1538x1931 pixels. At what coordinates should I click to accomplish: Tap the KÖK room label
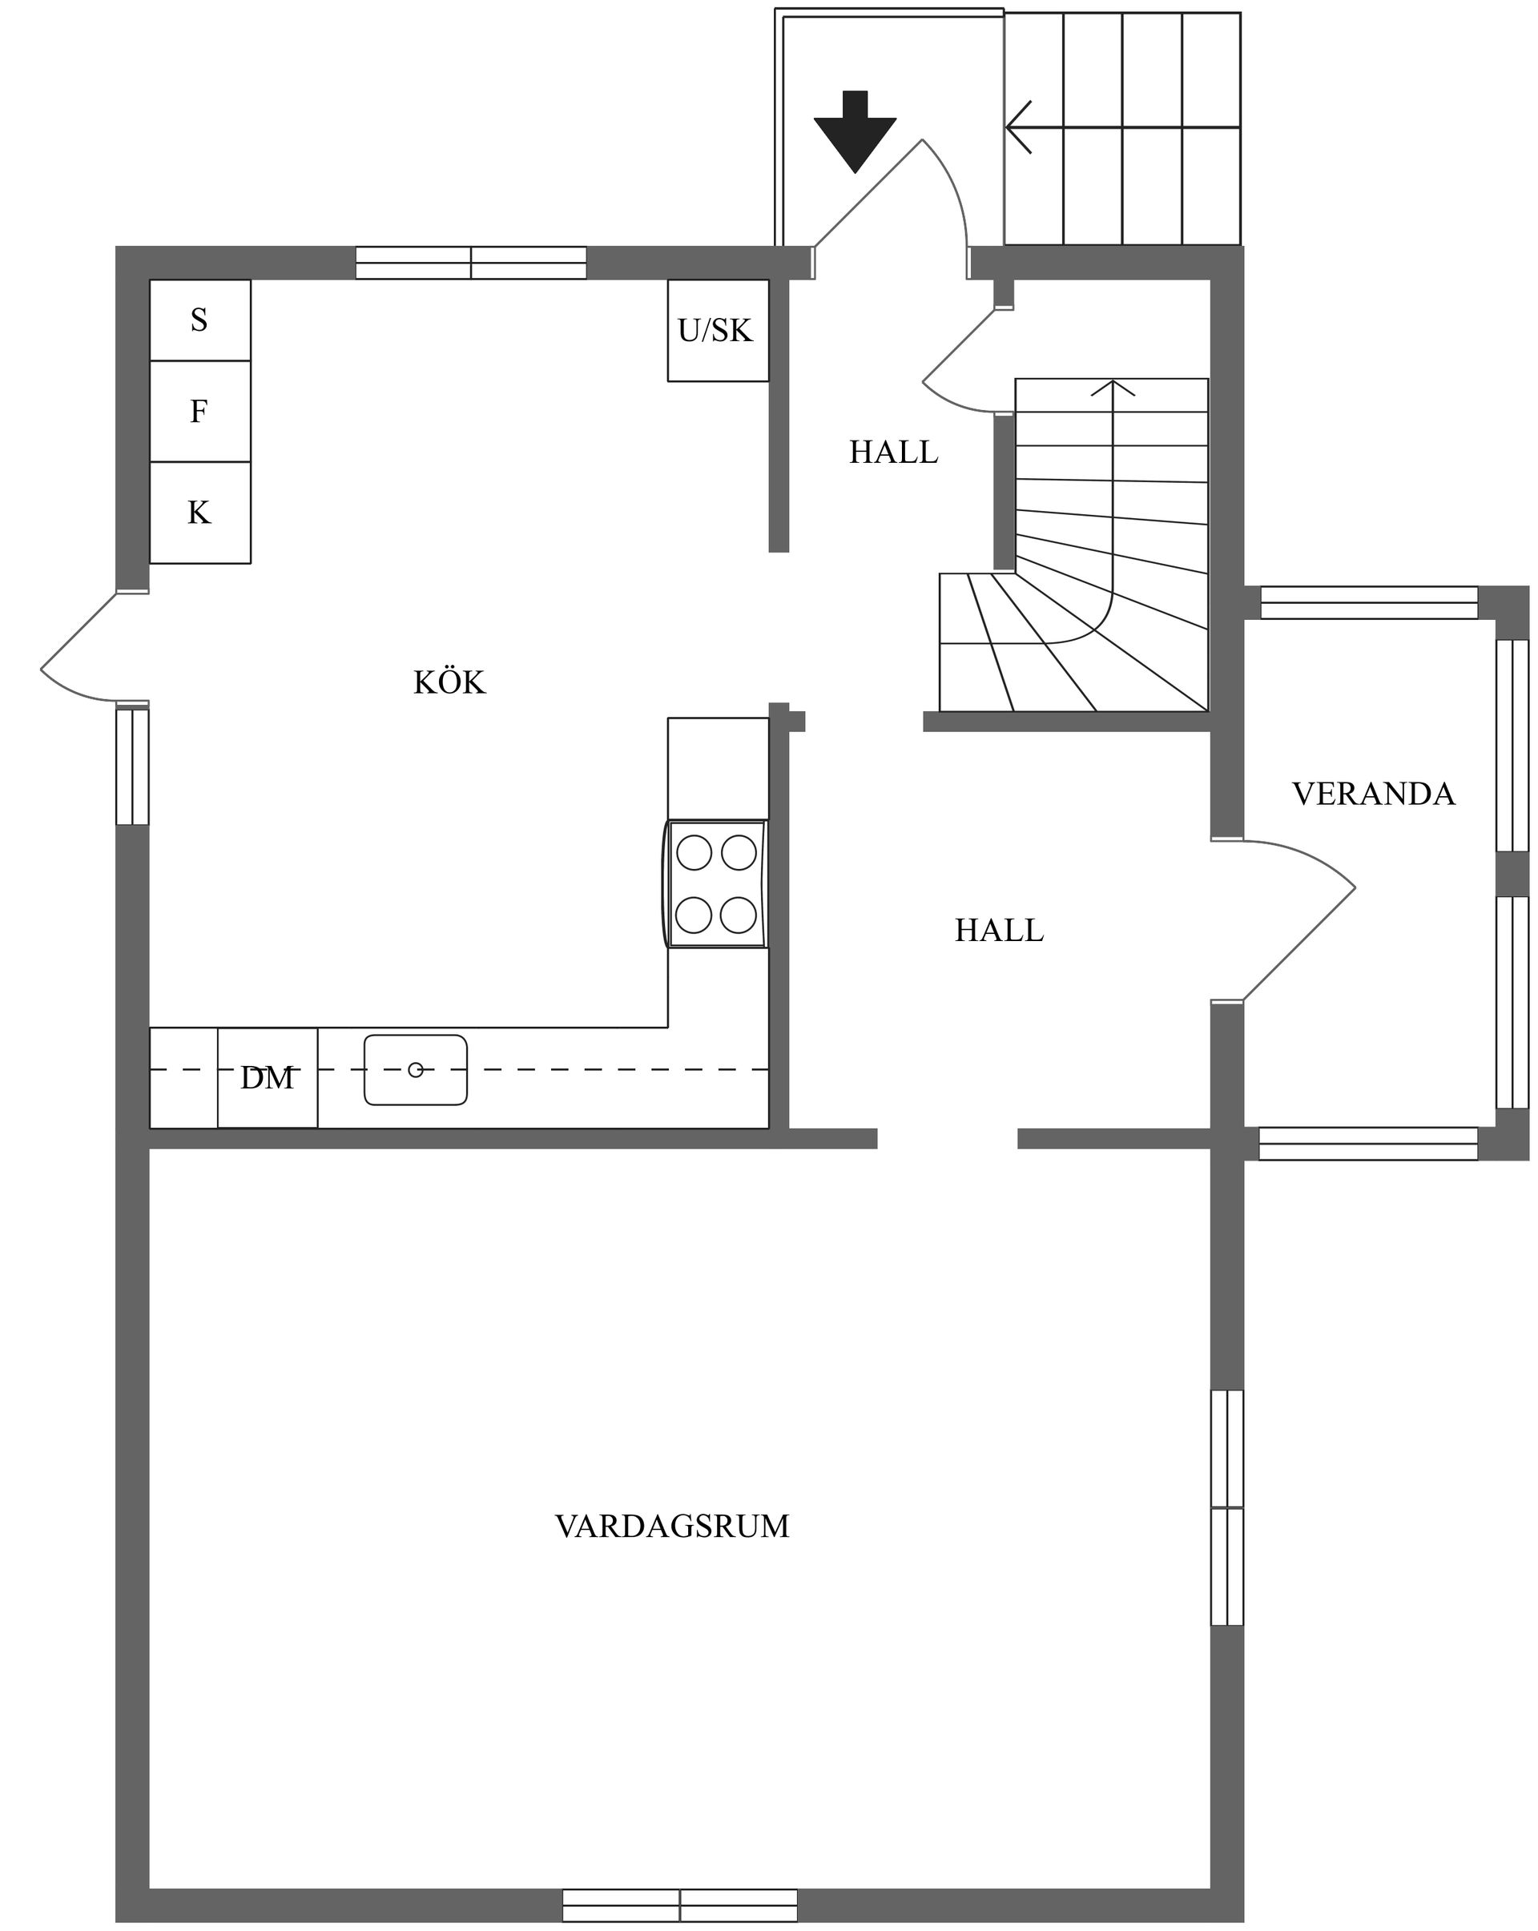[x=449, y=683]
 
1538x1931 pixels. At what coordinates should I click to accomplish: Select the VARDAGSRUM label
[x=672, y=1527]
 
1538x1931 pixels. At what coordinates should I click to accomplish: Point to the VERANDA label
[x=1372, y=795]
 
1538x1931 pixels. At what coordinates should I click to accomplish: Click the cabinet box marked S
[x=199, y=320]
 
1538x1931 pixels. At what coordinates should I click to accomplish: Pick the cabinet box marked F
[x=199, y=411]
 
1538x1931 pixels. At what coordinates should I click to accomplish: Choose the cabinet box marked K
[x=199, y=513]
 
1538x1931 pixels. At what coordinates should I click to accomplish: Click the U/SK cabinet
[x=717, y=331]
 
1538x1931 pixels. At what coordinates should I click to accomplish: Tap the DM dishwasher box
[x=267, y=1077]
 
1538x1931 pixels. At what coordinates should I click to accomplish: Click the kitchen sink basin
[x=415, y=1069]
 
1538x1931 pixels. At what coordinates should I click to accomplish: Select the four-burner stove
[x=715, y=884]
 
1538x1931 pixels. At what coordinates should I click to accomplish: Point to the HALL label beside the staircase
[x=893, y=453]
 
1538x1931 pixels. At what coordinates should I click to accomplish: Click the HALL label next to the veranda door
[x=999, y=931]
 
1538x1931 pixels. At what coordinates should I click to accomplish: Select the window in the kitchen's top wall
[x=471, y=264]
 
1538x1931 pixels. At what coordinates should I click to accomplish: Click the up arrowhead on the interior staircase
[x=1113, y=387]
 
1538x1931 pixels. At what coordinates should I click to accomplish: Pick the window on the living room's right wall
[x=1226, y=1507]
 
